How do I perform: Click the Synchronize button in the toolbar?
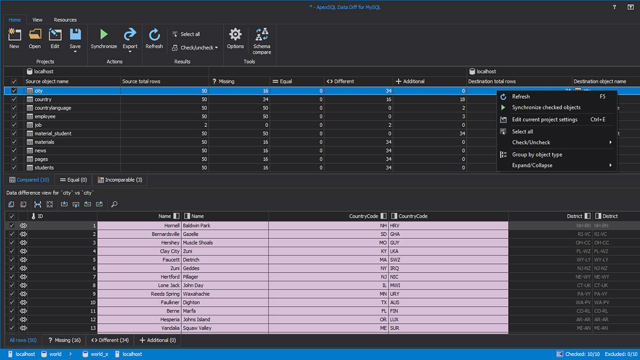[104, 39]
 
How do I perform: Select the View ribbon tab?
[37, 20]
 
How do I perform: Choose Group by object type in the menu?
[537, 155]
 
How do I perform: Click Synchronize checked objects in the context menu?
[546, 108]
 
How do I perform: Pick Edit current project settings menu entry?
[544, 119]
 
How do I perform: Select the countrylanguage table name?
[53, 108]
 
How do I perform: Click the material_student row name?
[53, 134]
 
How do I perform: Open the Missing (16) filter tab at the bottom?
[64, 340]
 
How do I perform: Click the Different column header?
[344, 81]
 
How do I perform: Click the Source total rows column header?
[141, 81]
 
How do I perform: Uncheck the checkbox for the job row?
[14, 125]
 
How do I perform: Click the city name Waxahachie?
[196, 294]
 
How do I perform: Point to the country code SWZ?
[395, 260]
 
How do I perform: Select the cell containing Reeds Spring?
[165, 294]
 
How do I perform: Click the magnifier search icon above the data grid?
[114, 204]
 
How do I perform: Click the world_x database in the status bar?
[99, 354]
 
